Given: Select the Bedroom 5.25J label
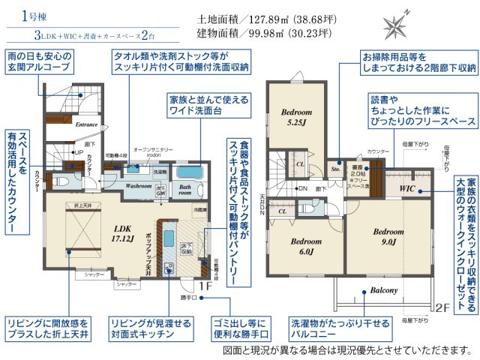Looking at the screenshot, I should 296,117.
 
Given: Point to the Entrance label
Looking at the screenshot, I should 86,125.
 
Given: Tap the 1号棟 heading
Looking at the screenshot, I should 34,15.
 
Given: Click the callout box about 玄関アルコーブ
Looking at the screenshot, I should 39,62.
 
